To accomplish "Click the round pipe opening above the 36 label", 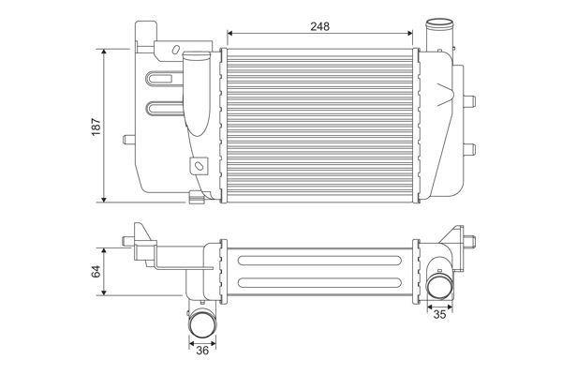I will (x=203, y=323).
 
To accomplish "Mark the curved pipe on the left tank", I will (x=196, y=94).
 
